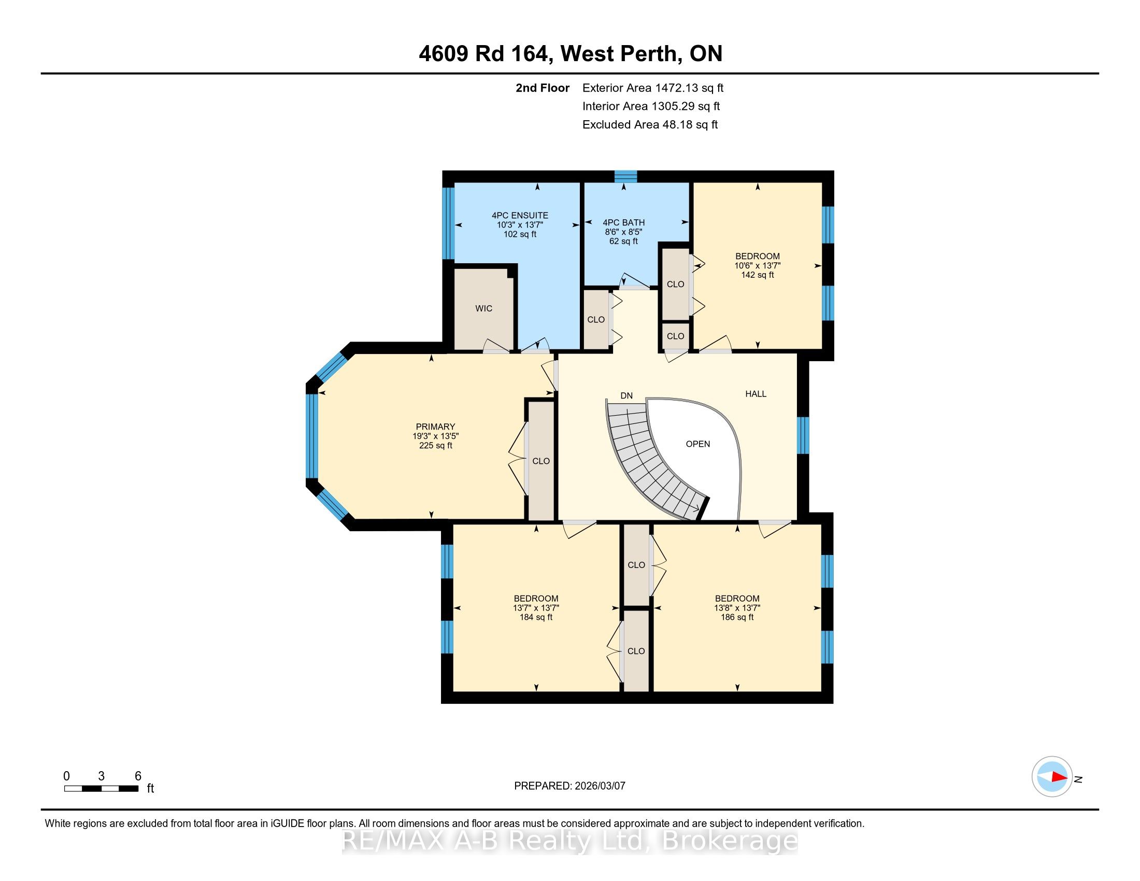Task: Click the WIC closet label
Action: click(x=483, y=308)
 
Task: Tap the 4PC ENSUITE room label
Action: click(x=520, y=215)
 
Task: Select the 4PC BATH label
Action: click(x=624, y=222)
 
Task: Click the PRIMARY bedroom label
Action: click(x=435, y=427)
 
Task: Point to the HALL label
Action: click(x=756, y=394)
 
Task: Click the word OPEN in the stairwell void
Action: click(x=698, y=444)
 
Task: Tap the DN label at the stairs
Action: click(x=626, y=395)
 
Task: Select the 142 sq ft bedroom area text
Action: click(x=758, y=275)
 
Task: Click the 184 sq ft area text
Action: click(x=536, y=617)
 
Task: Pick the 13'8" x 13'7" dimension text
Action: click(x=737, y=608)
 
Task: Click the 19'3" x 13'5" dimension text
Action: click(x=435, y=436)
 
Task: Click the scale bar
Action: click(x=101, y=789)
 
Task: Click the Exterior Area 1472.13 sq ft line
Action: click(x=653, y=88)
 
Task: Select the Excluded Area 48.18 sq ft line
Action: click(x=650, y=124)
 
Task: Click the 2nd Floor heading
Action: click(x=543, y=88)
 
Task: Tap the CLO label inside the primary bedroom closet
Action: click(x=541, y=461)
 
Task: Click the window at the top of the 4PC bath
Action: click(x=625, y=176)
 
